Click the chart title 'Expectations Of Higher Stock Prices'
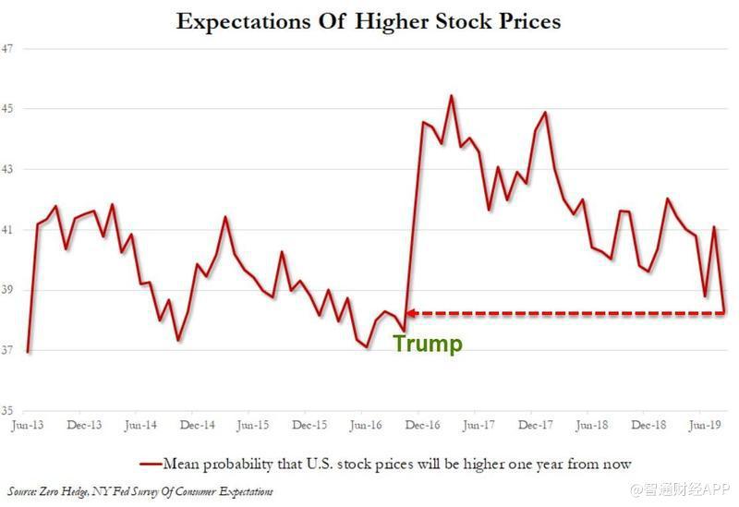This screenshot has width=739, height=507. [x=369, y=21]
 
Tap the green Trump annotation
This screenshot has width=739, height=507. [x=427, y=344]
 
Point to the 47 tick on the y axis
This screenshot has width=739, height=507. [x=6, y=48]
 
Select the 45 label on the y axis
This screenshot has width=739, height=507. [x=6, y=109]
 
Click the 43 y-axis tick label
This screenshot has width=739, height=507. [x=6, y=169]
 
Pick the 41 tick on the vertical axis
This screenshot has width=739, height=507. [x=6, y=230]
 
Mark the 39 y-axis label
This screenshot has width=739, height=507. [x=6, y=290]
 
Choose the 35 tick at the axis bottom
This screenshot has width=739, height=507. [x=6, y=411]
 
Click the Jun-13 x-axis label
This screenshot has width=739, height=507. [x=28, y=426]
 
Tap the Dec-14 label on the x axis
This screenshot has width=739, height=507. [x=197, y=426]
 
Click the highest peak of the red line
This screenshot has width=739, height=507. [x=451, y=95]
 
